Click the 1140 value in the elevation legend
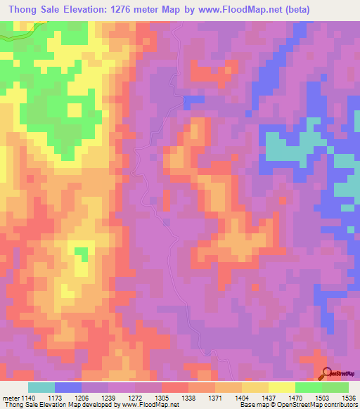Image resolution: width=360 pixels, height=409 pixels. point(25,397)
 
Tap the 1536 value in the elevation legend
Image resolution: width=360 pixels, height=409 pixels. point(349,397)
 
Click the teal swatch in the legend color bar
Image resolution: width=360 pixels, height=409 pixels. point(41,387)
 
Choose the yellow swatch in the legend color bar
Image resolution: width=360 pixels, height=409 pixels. point(255,387)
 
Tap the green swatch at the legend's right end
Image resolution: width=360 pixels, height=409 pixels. point(335,387)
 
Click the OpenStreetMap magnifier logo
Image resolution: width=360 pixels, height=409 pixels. point(327,375)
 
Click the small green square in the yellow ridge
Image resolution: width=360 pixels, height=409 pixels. point(82,252)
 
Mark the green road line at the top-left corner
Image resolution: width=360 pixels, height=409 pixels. point(21,31)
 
